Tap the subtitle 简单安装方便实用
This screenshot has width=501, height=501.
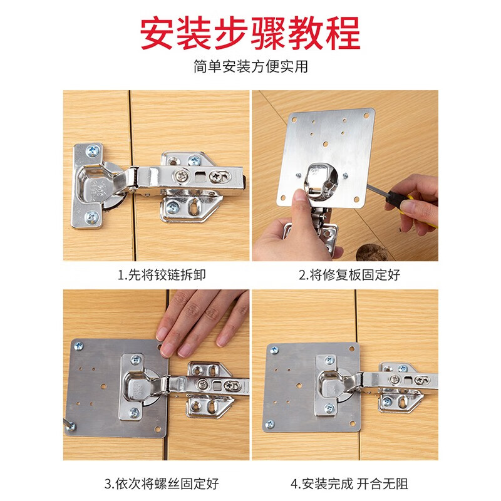click(x=250, y=67)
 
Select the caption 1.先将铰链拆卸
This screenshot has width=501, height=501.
click(x=156, y=274)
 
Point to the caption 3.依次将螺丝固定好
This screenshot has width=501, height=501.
click(x=156, y=483)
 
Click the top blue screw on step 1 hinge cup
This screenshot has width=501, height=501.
click(x=93, y=150)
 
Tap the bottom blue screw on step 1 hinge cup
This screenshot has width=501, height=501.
click(x=93, y=217)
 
